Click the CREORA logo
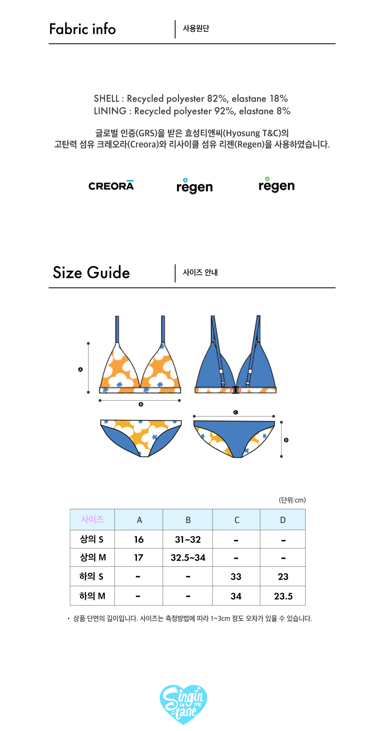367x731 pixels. click(111, 185)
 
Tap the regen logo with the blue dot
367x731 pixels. click(194, 186)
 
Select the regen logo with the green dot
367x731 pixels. click(276, 185)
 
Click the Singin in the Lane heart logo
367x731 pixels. click(183, 704)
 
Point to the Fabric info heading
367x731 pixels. click(82, 29)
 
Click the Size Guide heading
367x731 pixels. click(91, 273)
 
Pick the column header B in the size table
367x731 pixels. click(188, 520)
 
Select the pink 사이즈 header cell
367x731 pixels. click(92, 519)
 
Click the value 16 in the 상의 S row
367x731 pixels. click(139, 540)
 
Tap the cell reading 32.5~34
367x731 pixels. click(188, 558)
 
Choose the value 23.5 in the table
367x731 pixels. click(283, 596)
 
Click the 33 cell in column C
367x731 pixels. click(236, 577)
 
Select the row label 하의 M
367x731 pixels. click(92, 596)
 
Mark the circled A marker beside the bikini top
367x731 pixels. click(80, 369)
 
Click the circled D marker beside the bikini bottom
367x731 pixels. click(286, 440)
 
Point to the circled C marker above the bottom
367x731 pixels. click(236, 412)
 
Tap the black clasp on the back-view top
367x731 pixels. click(236, 390)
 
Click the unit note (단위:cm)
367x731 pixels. click(292, 500)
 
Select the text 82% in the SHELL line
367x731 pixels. click(217, 99)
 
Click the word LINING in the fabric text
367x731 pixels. click(110, 111)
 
